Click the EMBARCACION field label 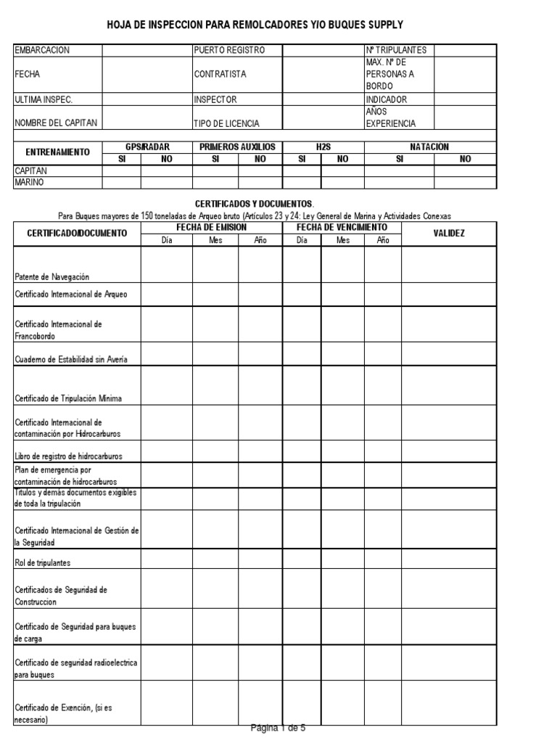tap(42, 50)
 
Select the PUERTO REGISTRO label tap(229, 50)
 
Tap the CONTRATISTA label tap(220, 74)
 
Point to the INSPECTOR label tap(215, 99)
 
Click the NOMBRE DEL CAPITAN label tap(56, 123)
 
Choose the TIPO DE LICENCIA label tap(226, 123)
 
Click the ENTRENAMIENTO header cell tap(58, 152)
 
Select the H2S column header tap(323, 147)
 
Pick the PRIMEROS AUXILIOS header tap(237, 147)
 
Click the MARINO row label tap(29, 182)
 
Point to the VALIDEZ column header tap(449, 233)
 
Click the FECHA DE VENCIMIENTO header tap(342, 227)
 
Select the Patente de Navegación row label tap(52, 276)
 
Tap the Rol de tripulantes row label tap(43, 562)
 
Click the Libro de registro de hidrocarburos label tap(69, 456)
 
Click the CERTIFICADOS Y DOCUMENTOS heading tap(255, 205)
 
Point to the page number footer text tap(278, 728)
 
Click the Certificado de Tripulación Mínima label tap(68, 398)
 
